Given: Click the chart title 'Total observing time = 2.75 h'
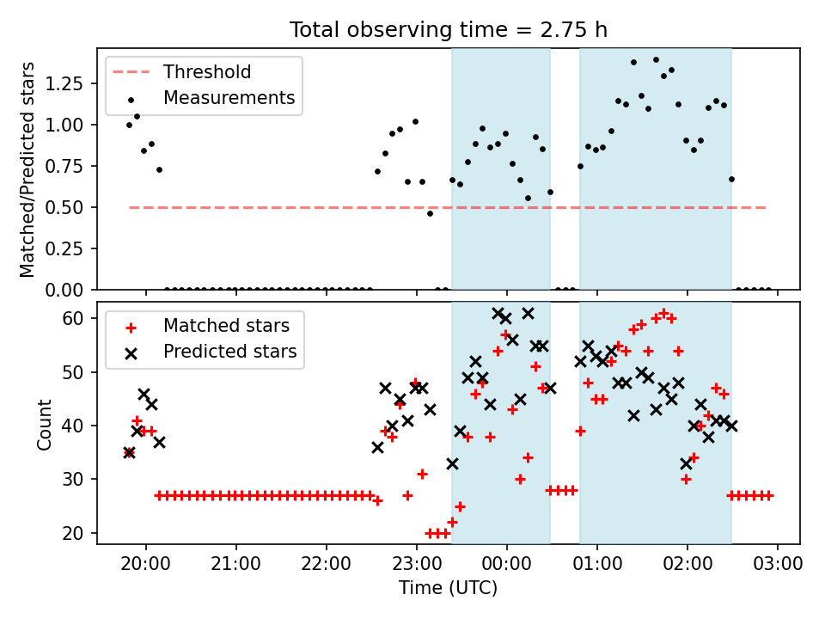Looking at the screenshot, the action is (449, 29).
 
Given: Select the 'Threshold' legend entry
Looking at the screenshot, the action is (182, 71).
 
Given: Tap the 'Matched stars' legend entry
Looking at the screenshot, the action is (207, 326).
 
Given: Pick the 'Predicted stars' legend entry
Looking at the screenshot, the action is (211, 352).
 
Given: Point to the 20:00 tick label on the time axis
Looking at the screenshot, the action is (146, 564).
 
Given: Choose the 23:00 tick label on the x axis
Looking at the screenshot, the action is (417, 564).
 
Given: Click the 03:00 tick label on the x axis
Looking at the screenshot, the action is (778, 564).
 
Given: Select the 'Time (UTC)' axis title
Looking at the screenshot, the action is (449, 587).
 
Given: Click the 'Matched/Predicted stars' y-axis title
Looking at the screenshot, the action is (27, 169).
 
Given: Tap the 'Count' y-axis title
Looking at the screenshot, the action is (44, 425).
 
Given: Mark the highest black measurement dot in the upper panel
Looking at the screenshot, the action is (656, 60).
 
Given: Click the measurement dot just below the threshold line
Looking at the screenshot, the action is (430, 214).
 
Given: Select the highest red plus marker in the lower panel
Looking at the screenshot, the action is (663, 313).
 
